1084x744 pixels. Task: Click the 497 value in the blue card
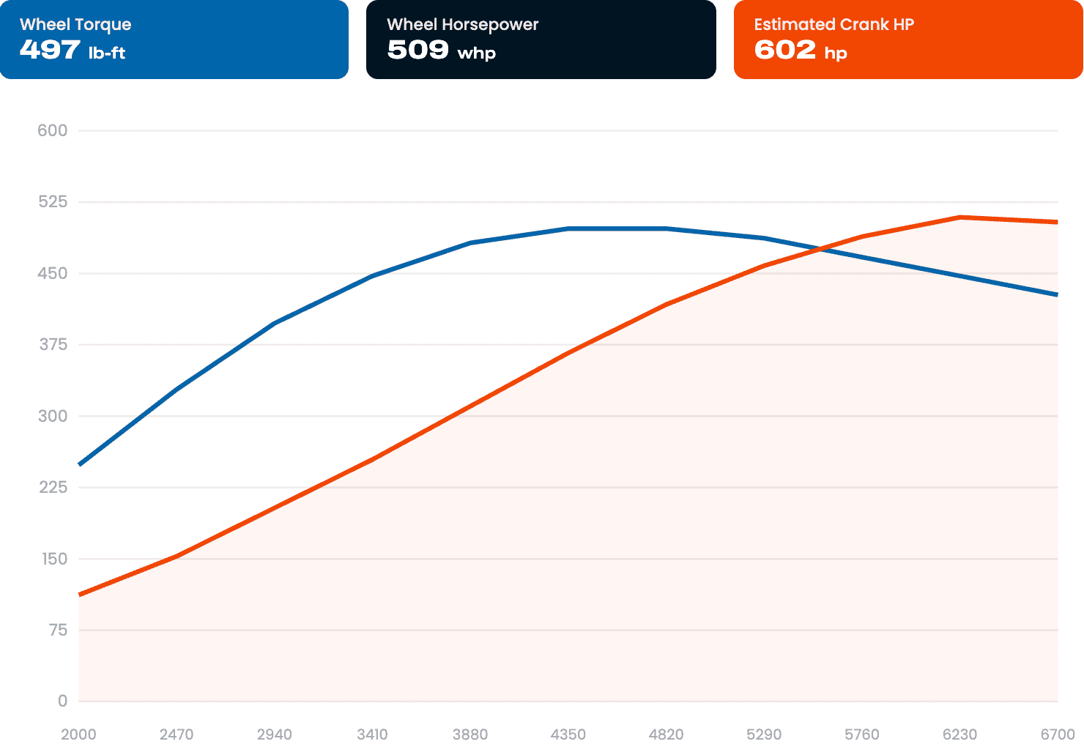pyautogui.click(x=50, y=49)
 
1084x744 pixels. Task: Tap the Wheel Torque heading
pyautogui.click(x=75, y=25)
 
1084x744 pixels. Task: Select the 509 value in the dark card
pyautogui.click(x=417, y=49)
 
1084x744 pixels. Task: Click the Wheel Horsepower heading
pyautogui.click(x=463, y=24)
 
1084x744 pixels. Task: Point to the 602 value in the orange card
pyautogui.click(x=785, y=49)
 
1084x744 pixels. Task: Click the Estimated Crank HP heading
pyautogui.click(x=834, y=24)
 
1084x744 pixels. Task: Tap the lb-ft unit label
pyautogui.click(x=107, y=52)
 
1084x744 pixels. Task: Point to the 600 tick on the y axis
pyautogui.click(x=52, y=130)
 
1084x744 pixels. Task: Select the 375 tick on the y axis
pyautogui.click(x=53, y=344)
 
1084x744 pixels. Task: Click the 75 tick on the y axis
pyautogui.click(x=58, y=630)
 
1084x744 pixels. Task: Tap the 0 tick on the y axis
pyautogui.click(x=62, y=701)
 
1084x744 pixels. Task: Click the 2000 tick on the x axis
pyautogui.click(x=78, y=734)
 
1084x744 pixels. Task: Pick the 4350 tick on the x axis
pyautogui.click(x=568, y=734)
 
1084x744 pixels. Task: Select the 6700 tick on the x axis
pyautogui.click(x=1058, y=734)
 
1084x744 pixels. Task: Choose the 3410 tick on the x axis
pyautogui.click(x=372, y=734)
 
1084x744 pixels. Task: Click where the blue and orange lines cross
pyautogui.click(x=821, y=249)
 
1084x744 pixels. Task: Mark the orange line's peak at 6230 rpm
pyautogui.click(x=959, y=217)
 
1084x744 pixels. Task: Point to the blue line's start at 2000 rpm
pyautogui.click(x=79, y=464)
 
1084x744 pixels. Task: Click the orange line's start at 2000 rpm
pyautogui.click(x=79, y=595)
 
